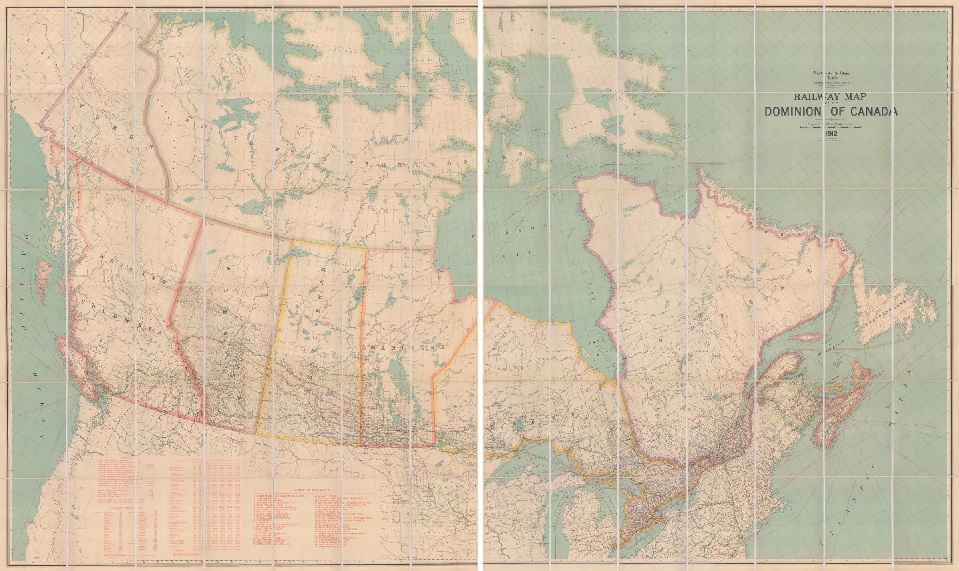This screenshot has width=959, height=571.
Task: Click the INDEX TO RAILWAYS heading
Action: pos(312,490)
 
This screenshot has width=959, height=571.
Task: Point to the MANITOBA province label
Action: pos(407,348)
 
